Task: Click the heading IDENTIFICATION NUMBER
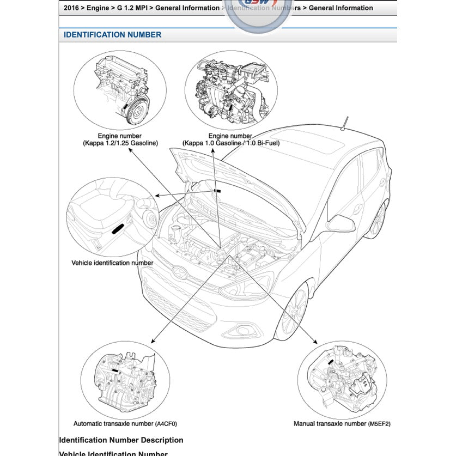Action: click(x=112, y=35)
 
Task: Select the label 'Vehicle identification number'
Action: click(x=112, y=263)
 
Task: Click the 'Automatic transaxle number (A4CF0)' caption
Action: click(x=125, y=423)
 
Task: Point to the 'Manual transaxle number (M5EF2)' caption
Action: click(x=342, y=423)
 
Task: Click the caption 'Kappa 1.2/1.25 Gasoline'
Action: click(x=119, y=143)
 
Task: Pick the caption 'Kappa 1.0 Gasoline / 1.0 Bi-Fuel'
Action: click(x=229, y=143)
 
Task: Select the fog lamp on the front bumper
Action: click(x=240, y=330)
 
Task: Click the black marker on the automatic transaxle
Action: click(x=115, y=369)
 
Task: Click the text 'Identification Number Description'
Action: click(x=121, y=440)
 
